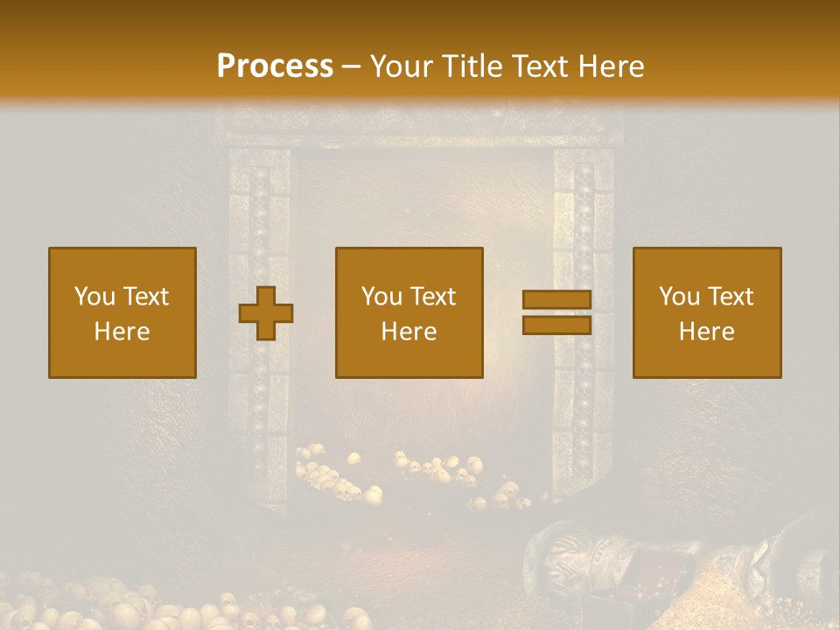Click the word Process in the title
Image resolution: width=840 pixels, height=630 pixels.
tap(275, 66)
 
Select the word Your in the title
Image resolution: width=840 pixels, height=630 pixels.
tap(400, 66)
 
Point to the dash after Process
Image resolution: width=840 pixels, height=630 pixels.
tap(351, 67)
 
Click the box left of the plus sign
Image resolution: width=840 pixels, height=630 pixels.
tap(122, 312)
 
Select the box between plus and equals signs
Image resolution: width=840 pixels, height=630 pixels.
tap(409, 312)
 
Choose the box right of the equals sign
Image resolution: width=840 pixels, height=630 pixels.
tap(707, 312)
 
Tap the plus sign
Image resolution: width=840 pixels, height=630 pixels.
tap(266, 313)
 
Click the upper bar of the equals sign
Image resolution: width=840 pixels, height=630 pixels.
tap(556, 300)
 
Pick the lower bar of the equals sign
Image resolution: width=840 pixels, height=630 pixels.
tap(556, 325)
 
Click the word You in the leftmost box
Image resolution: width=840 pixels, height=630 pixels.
tap(94, 297)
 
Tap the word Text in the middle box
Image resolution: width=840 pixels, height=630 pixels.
tap(433, 297)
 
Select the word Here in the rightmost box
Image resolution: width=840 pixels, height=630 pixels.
tap(707, 332)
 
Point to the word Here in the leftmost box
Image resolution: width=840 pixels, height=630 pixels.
tap(122, 332)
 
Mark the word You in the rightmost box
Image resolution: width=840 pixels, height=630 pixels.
tap(680, 297)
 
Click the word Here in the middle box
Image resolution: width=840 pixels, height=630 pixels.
tap(409, 332)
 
